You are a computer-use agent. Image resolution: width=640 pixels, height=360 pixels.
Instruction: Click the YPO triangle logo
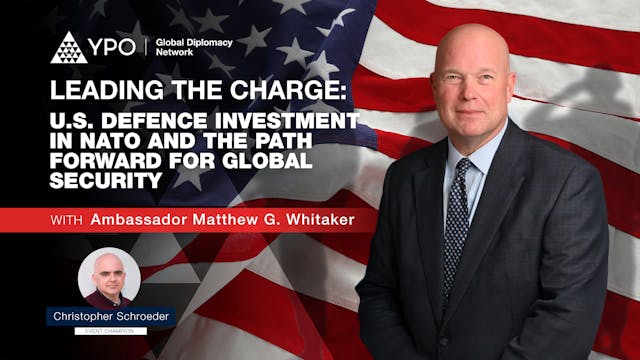coord(67,47)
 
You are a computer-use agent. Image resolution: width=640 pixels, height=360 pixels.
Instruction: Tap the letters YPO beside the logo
coord(113,47)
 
